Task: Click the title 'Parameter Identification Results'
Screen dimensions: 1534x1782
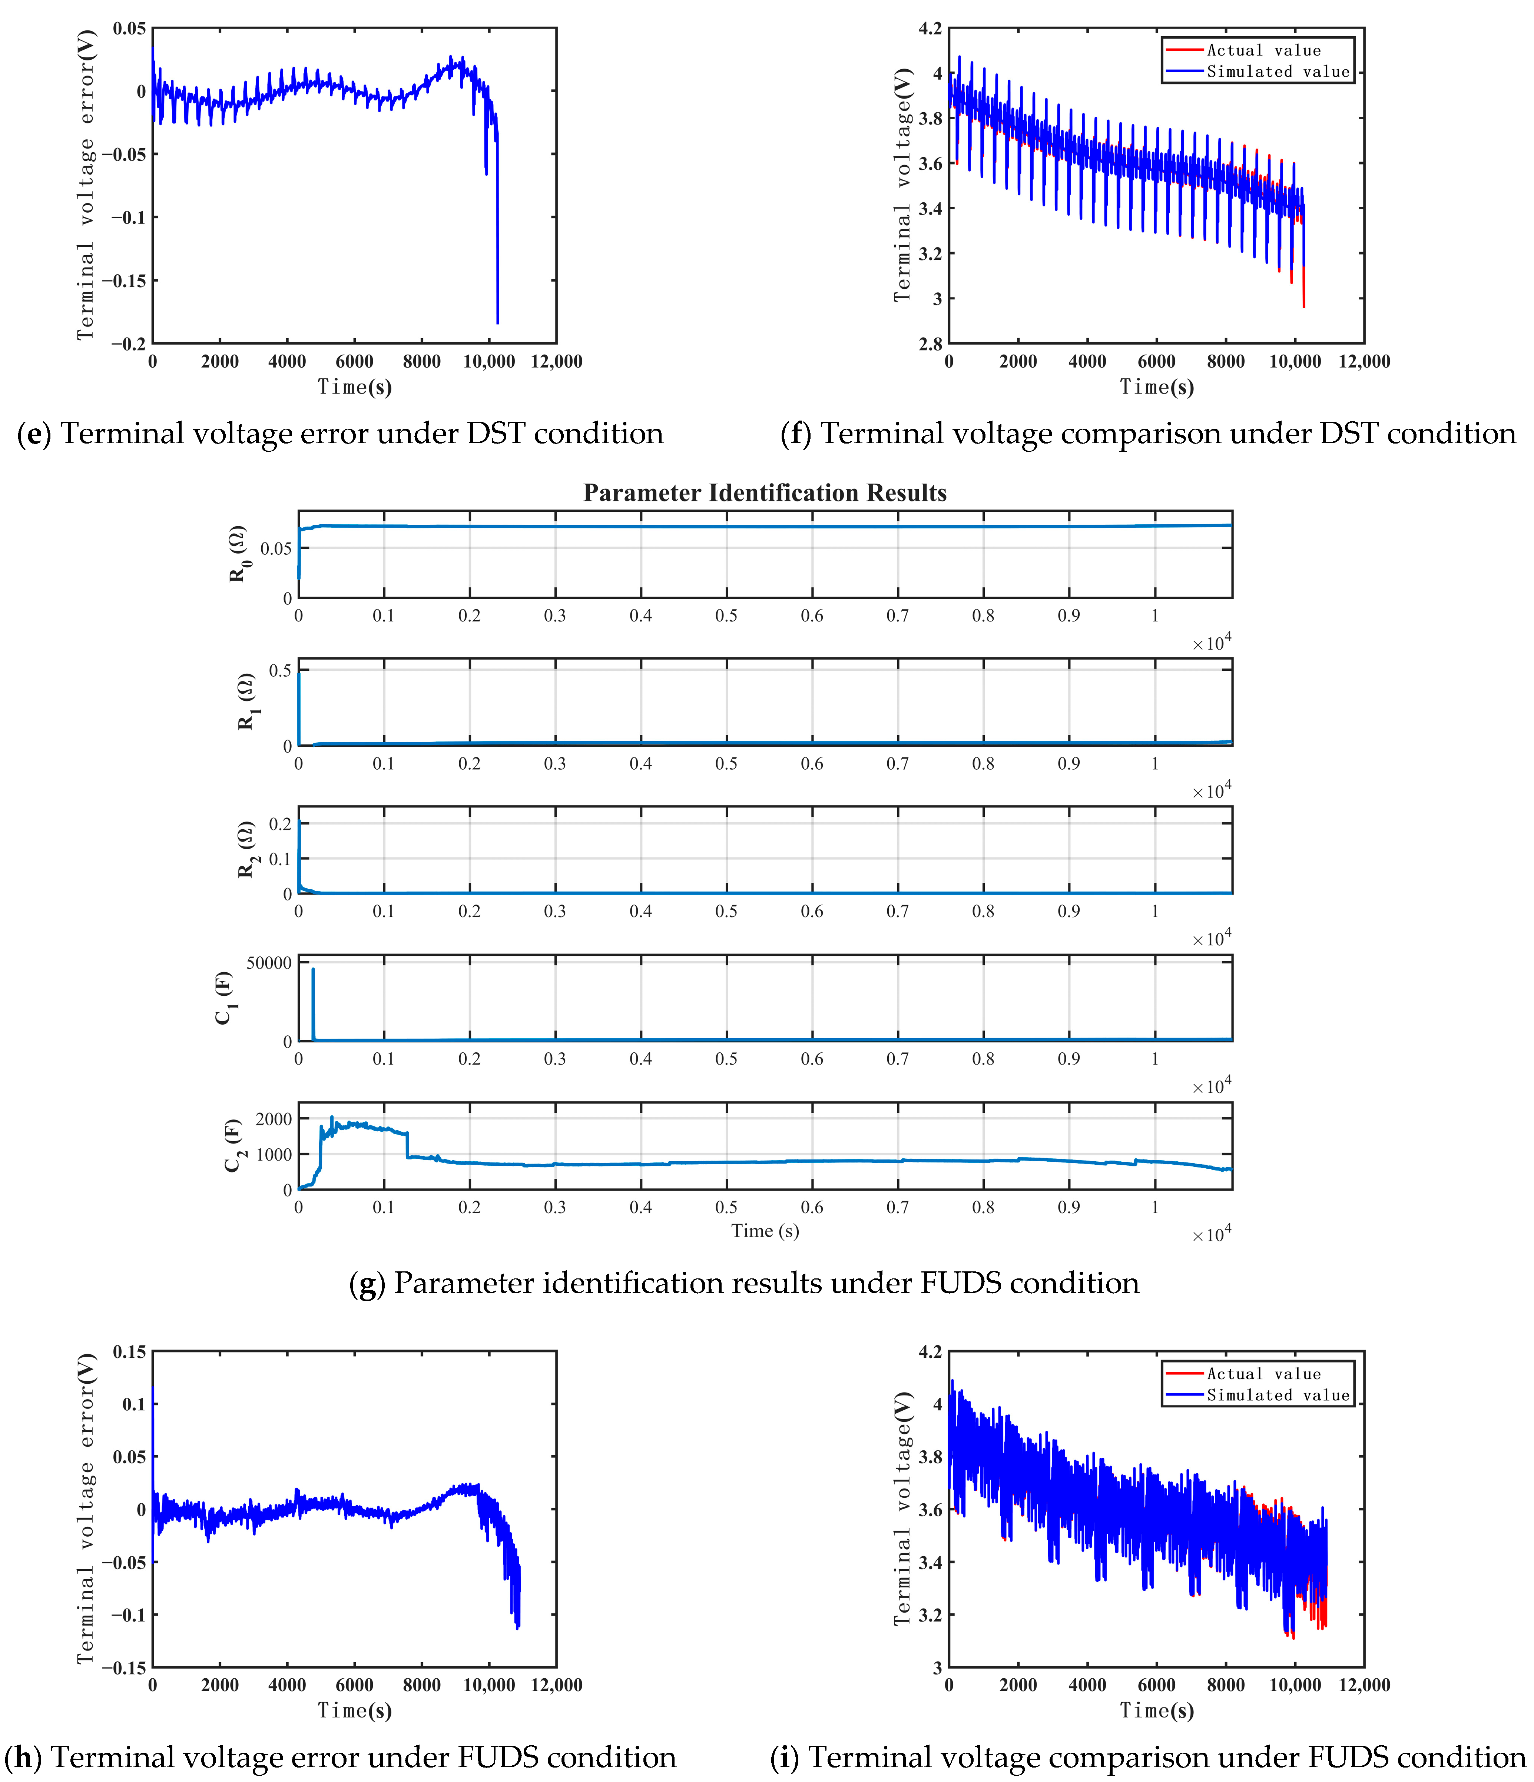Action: pos(765,493)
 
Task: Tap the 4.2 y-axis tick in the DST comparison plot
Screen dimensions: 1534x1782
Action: pos(930,29)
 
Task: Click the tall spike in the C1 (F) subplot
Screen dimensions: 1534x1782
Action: pos(313,1004)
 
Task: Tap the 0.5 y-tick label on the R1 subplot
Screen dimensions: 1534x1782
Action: pos(281,671)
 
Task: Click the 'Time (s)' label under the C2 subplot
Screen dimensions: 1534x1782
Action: pos(765,1231)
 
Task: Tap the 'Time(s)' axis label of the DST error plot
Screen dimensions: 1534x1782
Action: pos(354,387)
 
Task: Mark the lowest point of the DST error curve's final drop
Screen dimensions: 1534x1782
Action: pos(497,323)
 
